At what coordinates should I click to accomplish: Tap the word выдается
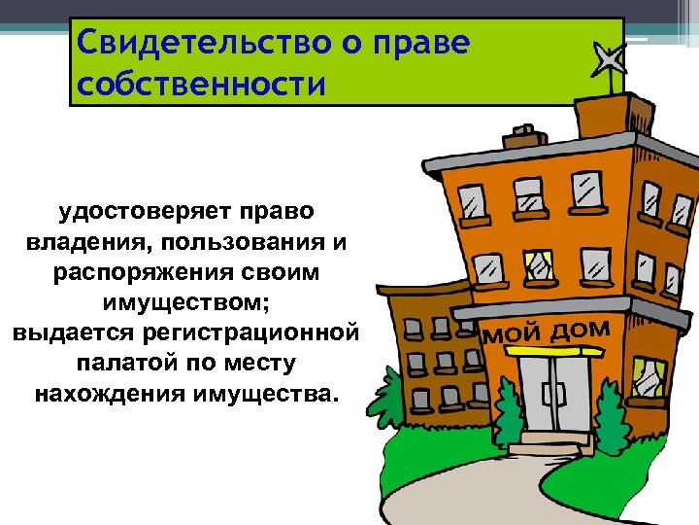pos(70,333)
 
